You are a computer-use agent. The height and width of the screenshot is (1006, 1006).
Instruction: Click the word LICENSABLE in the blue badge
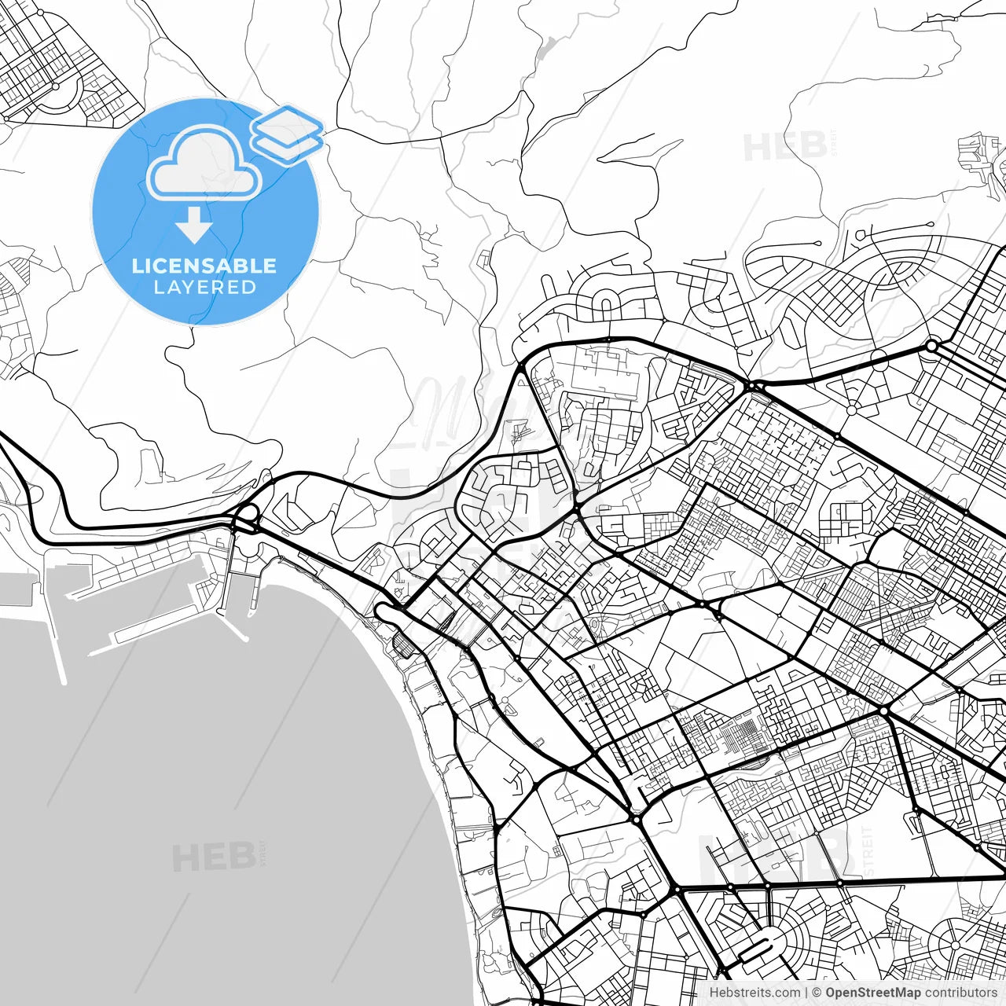(204, 266)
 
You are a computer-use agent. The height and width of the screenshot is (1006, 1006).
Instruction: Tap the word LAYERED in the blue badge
(204, 288)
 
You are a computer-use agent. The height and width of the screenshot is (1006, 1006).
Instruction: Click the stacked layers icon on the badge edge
(287, 134)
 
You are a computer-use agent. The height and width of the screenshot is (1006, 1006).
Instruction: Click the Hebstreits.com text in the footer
(754, 993)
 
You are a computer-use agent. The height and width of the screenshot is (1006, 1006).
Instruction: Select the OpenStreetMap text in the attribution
(872, 993)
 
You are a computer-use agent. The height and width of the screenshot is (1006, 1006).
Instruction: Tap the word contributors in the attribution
(960, 993)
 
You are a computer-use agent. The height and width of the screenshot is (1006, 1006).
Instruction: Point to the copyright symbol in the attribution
(817, 993)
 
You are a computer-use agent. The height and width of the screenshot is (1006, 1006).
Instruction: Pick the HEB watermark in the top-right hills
(784, 147)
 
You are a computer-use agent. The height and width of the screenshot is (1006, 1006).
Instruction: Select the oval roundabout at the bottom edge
(757, 951)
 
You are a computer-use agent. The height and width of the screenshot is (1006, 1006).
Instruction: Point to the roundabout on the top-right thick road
(932, 346)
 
